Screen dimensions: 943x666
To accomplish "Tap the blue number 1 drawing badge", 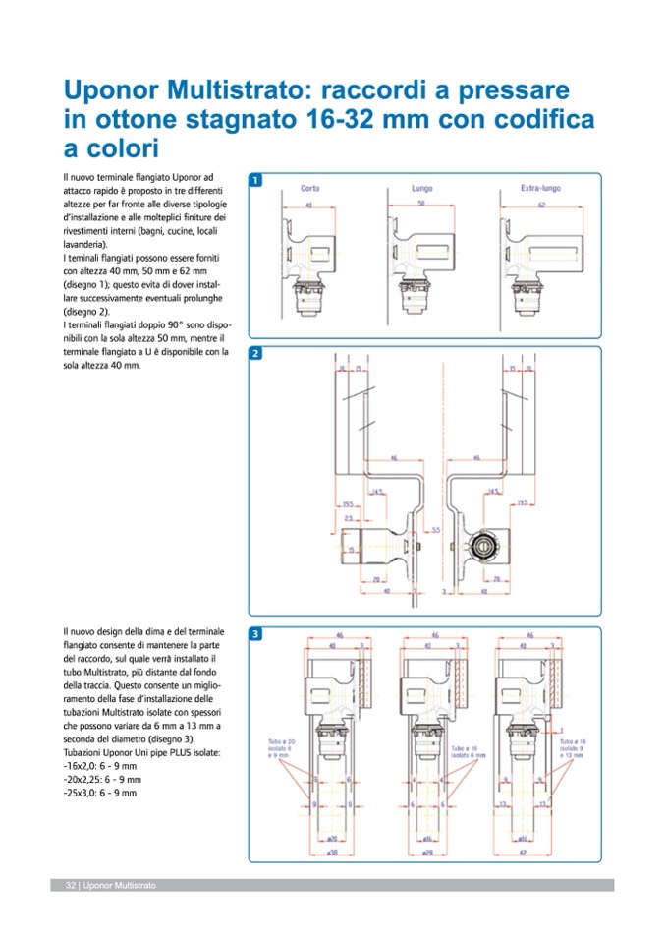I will tap(255, 181).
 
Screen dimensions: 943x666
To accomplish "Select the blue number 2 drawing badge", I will tap(255, 353).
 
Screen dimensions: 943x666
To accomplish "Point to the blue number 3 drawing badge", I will tap(255, 634).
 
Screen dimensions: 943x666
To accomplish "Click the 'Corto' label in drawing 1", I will tap(309, 187).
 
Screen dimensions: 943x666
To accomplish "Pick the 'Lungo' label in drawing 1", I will tap(421, 187).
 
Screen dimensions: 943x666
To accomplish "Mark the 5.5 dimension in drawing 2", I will tap(436, 530).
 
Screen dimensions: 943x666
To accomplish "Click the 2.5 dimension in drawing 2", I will tap(349, 518).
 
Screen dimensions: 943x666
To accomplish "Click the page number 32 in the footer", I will tap(71, 885).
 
